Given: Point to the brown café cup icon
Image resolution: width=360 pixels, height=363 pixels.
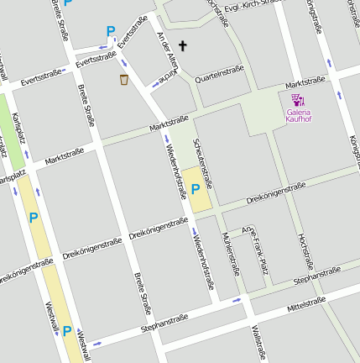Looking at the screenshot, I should pos(124,79).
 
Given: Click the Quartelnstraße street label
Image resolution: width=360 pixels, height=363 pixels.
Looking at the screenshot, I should pos(218,74).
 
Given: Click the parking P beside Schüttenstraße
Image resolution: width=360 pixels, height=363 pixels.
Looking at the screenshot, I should pos(196,190).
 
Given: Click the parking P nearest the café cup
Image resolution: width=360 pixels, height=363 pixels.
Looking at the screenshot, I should pos(110,31).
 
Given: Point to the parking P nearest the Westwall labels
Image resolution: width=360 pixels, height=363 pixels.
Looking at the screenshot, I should pos(67,331).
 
